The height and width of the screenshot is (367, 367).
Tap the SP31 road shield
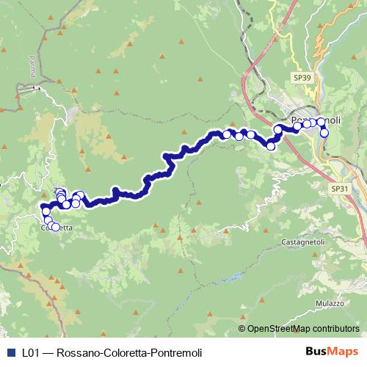pyautogui.click(x=339, y=189)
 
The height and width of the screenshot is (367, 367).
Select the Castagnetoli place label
pyautogui.click(x=302, y=241)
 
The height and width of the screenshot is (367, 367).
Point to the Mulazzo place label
pyautogui.click(x=330, y=303)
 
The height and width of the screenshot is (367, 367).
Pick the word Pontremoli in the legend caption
pyautogui.click(x=175, y=352)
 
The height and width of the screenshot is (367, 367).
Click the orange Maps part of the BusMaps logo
pyautogui.click(x=337, y=352)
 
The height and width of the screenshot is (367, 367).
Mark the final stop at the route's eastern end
pyautogui.click(x=324, y=134)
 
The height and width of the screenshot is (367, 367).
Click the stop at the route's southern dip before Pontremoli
pyautogui.click(x=271, y=146)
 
